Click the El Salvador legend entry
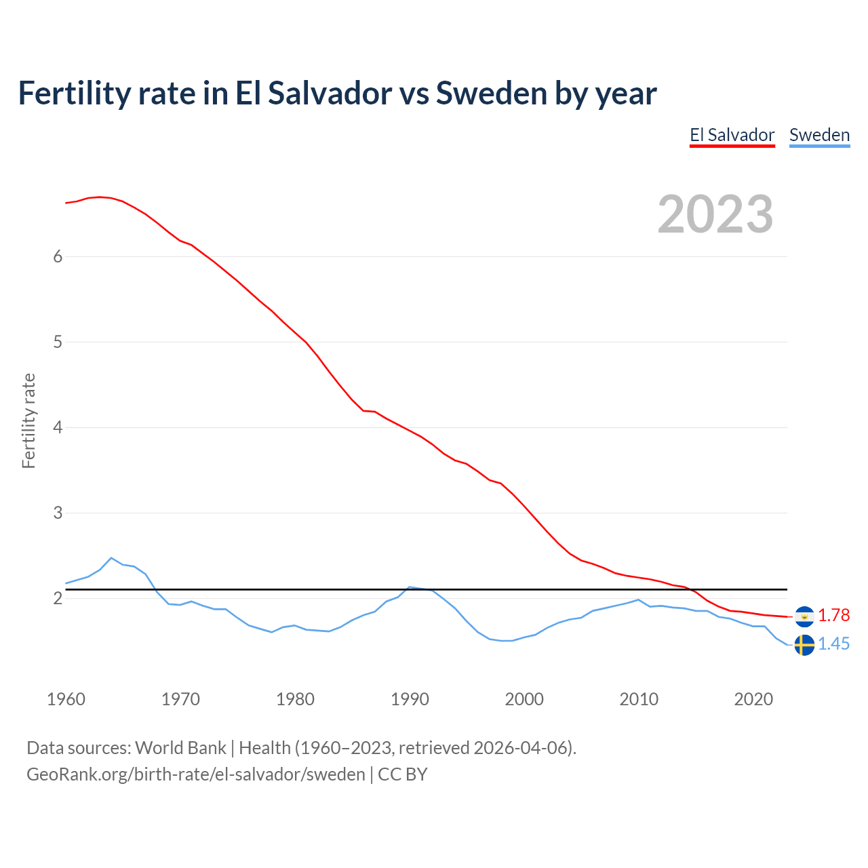tap(732, 135)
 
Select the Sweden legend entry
tap(819, 135)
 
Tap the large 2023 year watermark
tap(715, 214)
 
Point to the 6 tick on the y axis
tap(58, 256)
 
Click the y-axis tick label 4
tap(58, 427)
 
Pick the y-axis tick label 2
tap(58, 598)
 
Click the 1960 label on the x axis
tap(66, 699)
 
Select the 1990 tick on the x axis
tap(410, 699)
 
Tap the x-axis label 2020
tap(753, 699)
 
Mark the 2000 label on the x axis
tap(524, 699)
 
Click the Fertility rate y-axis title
tap(28, 420)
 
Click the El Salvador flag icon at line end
tap(804, 616)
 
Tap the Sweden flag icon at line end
tap(804, 644)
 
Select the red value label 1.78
tap(833, 615)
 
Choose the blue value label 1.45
tap(833, 644)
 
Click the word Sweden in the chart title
tap(491, 93)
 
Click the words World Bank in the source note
tap(180, 747)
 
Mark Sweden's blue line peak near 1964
tap(111, 558)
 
